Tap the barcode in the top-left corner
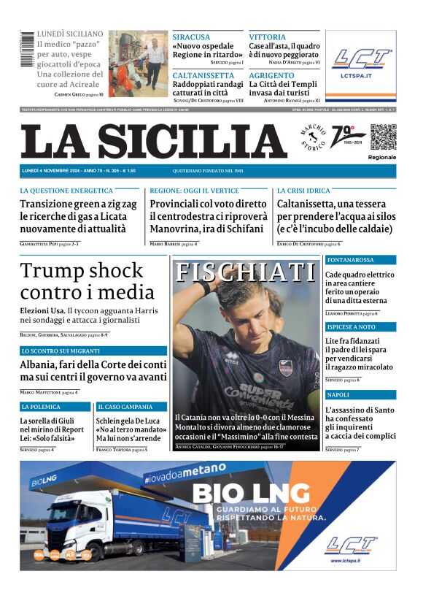(x=27, y=50)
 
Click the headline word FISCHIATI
(x=246, y=272)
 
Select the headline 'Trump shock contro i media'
(x=82, y=281)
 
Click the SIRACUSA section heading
(x=191, y=37)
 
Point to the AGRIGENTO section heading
(x=273, y=75)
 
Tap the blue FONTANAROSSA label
(x=351, y=259)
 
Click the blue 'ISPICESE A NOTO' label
(x=351, y=327)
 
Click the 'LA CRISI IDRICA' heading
(x=303, y=190)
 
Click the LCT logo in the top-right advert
(x=361, y=59)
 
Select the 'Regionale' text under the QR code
(x=382, y=157)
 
